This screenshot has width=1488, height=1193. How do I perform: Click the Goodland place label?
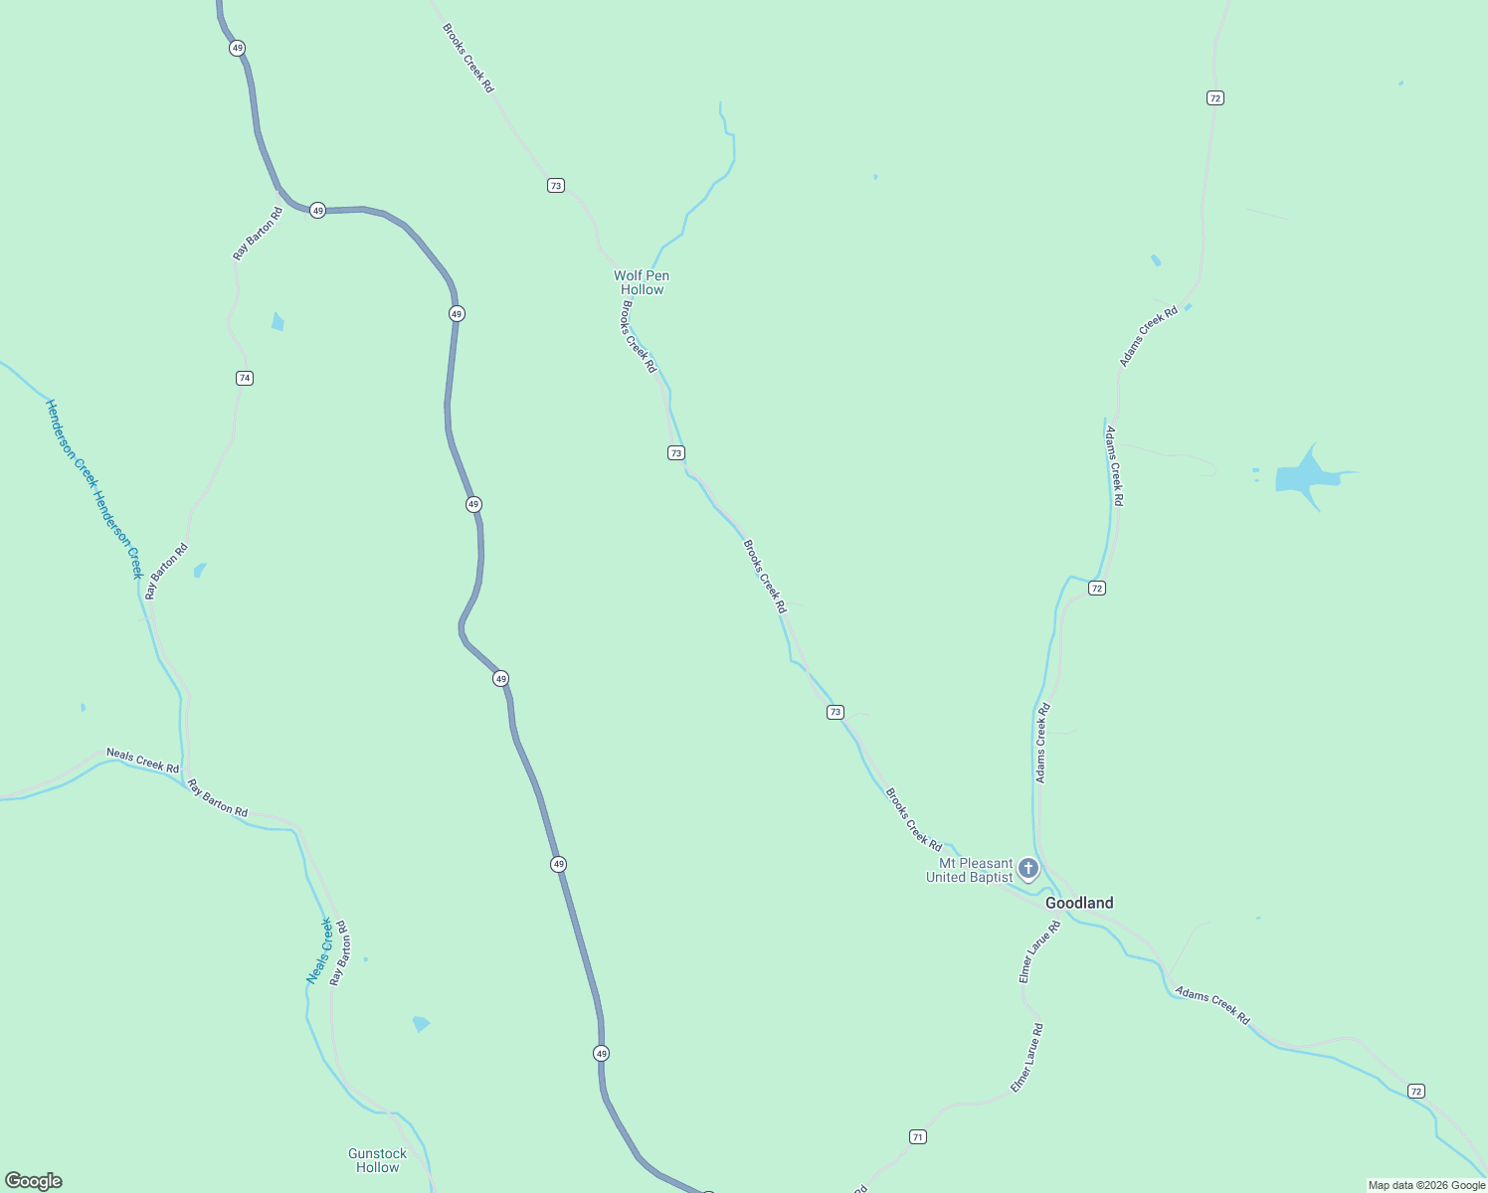click(1079, 903)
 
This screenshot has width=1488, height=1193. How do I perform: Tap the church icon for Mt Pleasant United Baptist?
click(1028, 869)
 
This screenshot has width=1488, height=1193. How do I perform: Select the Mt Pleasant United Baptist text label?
click(970, 871)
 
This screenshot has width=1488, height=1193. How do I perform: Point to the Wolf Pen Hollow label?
click(642, 282)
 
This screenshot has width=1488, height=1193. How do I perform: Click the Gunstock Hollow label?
click(377, 1160)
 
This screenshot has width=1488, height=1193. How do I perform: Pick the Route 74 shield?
click(245, 378)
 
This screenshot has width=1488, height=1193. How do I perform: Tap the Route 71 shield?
click(918, 1136)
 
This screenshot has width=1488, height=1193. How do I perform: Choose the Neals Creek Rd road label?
click(142, 762)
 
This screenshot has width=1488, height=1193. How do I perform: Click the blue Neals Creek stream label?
click(319, 951)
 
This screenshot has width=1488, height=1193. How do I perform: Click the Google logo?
click(34, 1181)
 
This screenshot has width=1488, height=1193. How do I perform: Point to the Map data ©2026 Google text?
click(1426, 1185)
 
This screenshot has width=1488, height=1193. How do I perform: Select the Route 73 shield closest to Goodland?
click(836, 712)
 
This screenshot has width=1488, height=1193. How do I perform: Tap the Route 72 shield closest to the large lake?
click(1097, 589)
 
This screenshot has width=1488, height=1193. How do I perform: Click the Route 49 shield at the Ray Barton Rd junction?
click(317, 210)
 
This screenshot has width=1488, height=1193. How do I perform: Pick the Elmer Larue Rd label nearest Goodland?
click(1039, 952)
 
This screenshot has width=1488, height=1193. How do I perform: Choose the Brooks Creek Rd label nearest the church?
click(913, 819)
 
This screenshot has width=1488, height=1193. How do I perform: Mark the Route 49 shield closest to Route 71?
click(601, 1053)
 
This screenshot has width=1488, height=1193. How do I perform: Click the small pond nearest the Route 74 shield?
click(278, 322)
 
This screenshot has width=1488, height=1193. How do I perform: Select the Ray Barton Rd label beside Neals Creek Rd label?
click(218, 798)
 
